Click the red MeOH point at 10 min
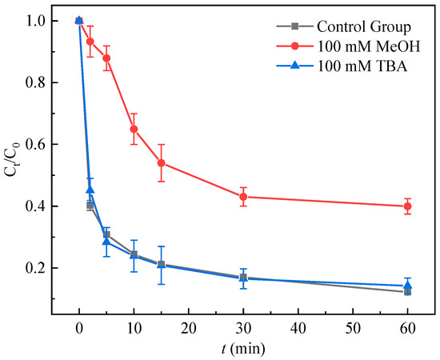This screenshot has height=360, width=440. coord(134,129)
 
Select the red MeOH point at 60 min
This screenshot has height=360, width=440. coord(408,206)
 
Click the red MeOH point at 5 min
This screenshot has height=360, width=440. coord(106,58)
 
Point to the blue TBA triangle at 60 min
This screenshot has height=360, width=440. coord(408,285)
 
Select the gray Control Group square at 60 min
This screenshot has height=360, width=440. coord(408,292)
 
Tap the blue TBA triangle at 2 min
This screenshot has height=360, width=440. coord(90,190)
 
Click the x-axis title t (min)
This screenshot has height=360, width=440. coord(243,349)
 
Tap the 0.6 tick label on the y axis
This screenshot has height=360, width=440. coord(38,145)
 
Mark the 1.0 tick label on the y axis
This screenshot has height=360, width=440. coord(38,21)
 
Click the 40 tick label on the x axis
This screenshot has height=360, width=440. coord(298,328)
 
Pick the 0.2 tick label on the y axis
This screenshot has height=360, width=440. coord(38,269)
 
